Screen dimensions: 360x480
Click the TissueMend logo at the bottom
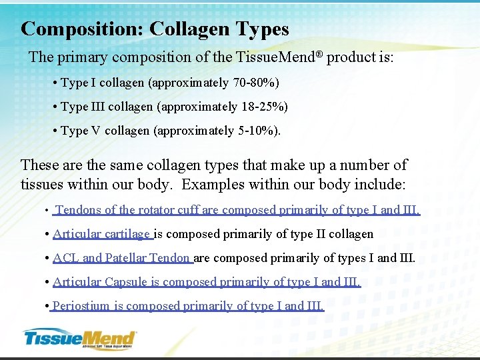pos(79,338)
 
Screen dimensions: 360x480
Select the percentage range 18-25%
pos(265,107)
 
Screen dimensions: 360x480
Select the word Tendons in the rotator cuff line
pos(79,210)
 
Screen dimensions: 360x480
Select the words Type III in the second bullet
pos(82,107)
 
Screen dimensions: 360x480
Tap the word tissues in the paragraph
pos(42,183)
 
